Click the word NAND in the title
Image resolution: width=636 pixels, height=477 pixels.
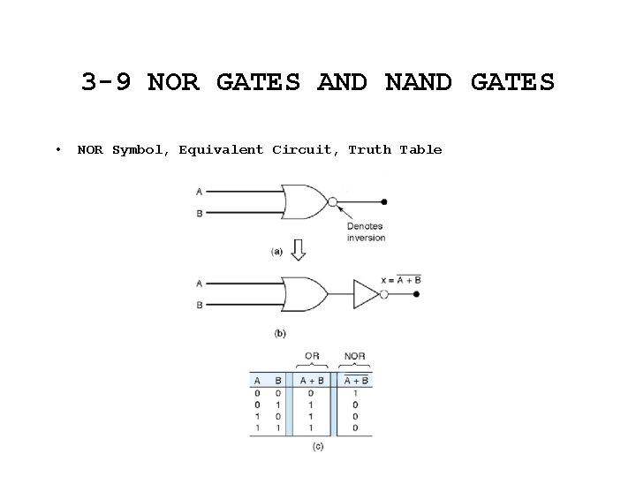click(418, 82)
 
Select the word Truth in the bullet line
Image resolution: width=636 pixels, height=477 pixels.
click(369, 149)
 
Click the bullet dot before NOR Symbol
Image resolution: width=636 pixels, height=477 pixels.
click(57, 149)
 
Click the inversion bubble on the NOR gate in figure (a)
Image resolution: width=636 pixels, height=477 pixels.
click(332, 202)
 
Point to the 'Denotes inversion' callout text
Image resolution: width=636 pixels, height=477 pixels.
click(365, 231)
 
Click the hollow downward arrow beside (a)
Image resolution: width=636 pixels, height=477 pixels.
click(299, 251)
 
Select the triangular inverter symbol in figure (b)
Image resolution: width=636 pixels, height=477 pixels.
click(365, 292)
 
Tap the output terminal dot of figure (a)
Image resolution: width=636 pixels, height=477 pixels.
click(383, 202)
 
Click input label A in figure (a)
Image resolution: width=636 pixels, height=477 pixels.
click(199, 191)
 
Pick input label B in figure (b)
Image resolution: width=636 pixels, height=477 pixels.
click(199, 305)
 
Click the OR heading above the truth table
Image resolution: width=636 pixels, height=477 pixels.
click(312, 356)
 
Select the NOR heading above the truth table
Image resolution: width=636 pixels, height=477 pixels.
click(354, 356)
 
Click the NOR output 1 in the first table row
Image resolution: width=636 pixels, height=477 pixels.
click(354, 393)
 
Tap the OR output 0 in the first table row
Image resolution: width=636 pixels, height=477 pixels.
click(311, 393)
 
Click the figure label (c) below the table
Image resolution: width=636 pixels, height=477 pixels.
click(318, 446)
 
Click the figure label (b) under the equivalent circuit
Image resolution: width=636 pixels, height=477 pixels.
click(280, 333)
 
